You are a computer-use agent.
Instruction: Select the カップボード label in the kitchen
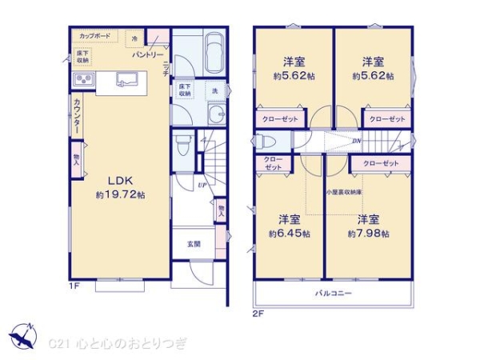click(94, 37)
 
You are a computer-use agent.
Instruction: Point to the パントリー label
click(142, 54)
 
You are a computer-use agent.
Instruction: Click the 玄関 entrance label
click(194, 243)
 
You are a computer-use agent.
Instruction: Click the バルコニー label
click(333, 293)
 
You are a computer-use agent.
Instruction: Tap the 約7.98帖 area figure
click(368, 233)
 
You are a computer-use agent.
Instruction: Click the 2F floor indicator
click(258, 312)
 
